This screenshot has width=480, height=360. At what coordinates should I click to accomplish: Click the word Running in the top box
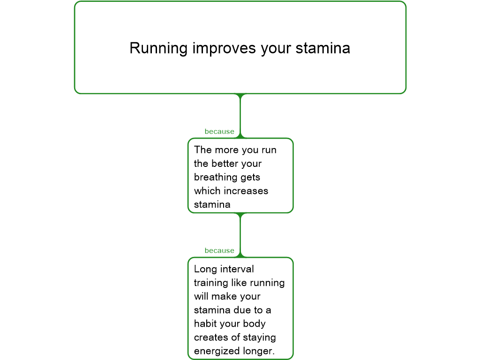158,49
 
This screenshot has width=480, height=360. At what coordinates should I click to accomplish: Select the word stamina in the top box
322,48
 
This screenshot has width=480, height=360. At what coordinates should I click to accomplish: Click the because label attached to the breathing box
219,131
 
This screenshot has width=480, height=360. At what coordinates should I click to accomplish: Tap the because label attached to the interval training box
219,250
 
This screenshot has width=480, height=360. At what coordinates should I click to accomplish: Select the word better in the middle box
225,164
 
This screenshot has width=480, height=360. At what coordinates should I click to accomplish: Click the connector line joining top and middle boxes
240,116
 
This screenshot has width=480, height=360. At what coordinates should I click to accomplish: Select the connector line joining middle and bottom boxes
240,235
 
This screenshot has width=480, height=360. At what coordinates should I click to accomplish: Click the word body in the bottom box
254,324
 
